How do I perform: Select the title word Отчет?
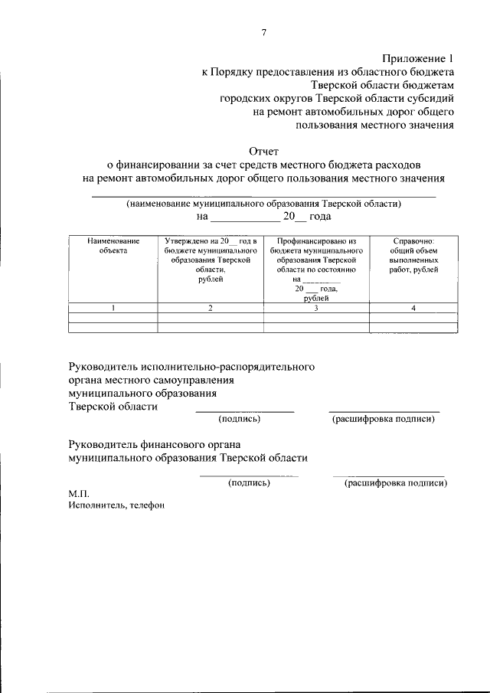coord(265,151)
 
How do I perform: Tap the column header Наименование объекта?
coord(113,245)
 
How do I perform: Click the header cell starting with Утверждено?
coord(210,260)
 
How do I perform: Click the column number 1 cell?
coord(113,308)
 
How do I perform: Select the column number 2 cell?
coord(210,308)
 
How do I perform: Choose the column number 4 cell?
coord(413,308)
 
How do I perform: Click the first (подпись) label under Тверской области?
coord(240,420)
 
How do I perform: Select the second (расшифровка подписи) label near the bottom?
coord(396,483)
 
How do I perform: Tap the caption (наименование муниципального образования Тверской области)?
coord(264,204)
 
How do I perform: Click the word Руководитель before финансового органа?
coord(103,443)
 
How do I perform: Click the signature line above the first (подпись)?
coord(245,412)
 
